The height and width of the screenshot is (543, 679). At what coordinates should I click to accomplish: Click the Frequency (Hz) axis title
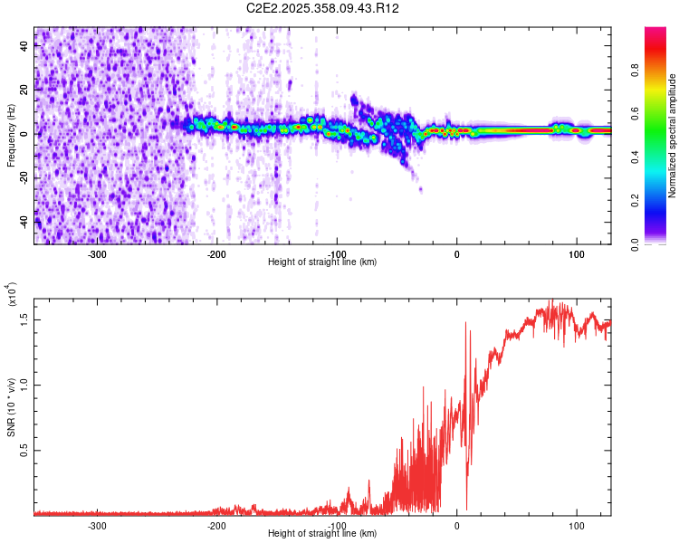click(x=12, y=136)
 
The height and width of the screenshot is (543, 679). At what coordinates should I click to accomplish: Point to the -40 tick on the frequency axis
click(x=24, y=220)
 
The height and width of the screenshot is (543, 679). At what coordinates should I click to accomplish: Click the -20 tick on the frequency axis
click(x=24, y=177)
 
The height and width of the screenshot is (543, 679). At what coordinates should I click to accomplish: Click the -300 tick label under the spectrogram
click(x=97, y=253)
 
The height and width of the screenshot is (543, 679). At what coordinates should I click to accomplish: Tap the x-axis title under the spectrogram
click(x=322, y=262)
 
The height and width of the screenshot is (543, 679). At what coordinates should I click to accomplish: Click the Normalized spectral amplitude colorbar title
click(x=674, y=136)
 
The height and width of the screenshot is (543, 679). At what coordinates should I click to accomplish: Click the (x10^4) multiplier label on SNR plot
click(x=12, y=295)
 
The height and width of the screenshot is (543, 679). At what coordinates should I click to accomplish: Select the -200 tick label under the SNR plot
click(x=216, y=525)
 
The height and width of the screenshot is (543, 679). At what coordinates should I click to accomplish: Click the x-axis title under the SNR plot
click(x=322, y=534)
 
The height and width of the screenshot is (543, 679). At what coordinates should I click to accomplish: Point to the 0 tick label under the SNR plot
click(x=456, y=525)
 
